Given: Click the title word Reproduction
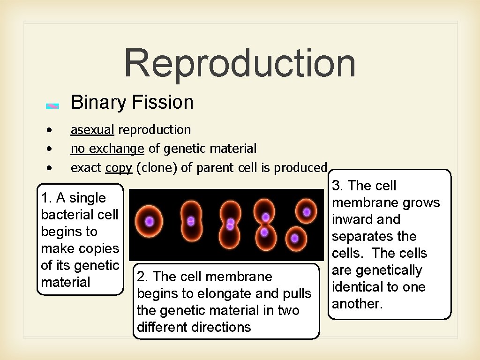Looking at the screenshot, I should [x=240, y=63].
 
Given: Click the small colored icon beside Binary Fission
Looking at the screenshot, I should [x=52, y=106].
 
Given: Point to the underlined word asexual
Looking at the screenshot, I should [x=92, y=130].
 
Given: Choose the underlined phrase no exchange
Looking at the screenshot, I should [x=107, y=149].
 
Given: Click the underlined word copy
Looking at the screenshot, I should [x=119, y=168].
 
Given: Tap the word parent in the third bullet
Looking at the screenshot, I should [x=213, y=168].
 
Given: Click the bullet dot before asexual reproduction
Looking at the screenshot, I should [x=49, y=129].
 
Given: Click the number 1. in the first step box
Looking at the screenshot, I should [x=46, y=198].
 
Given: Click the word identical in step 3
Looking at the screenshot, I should [x=360, y=287].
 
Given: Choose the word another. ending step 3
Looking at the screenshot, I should [x=358, y=304].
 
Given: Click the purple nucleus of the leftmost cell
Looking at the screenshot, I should [x=149, y=221].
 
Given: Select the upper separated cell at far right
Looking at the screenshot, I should [x=306, y=212].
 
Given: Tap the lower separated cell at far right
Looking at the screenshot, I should [x=294, y=238].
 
